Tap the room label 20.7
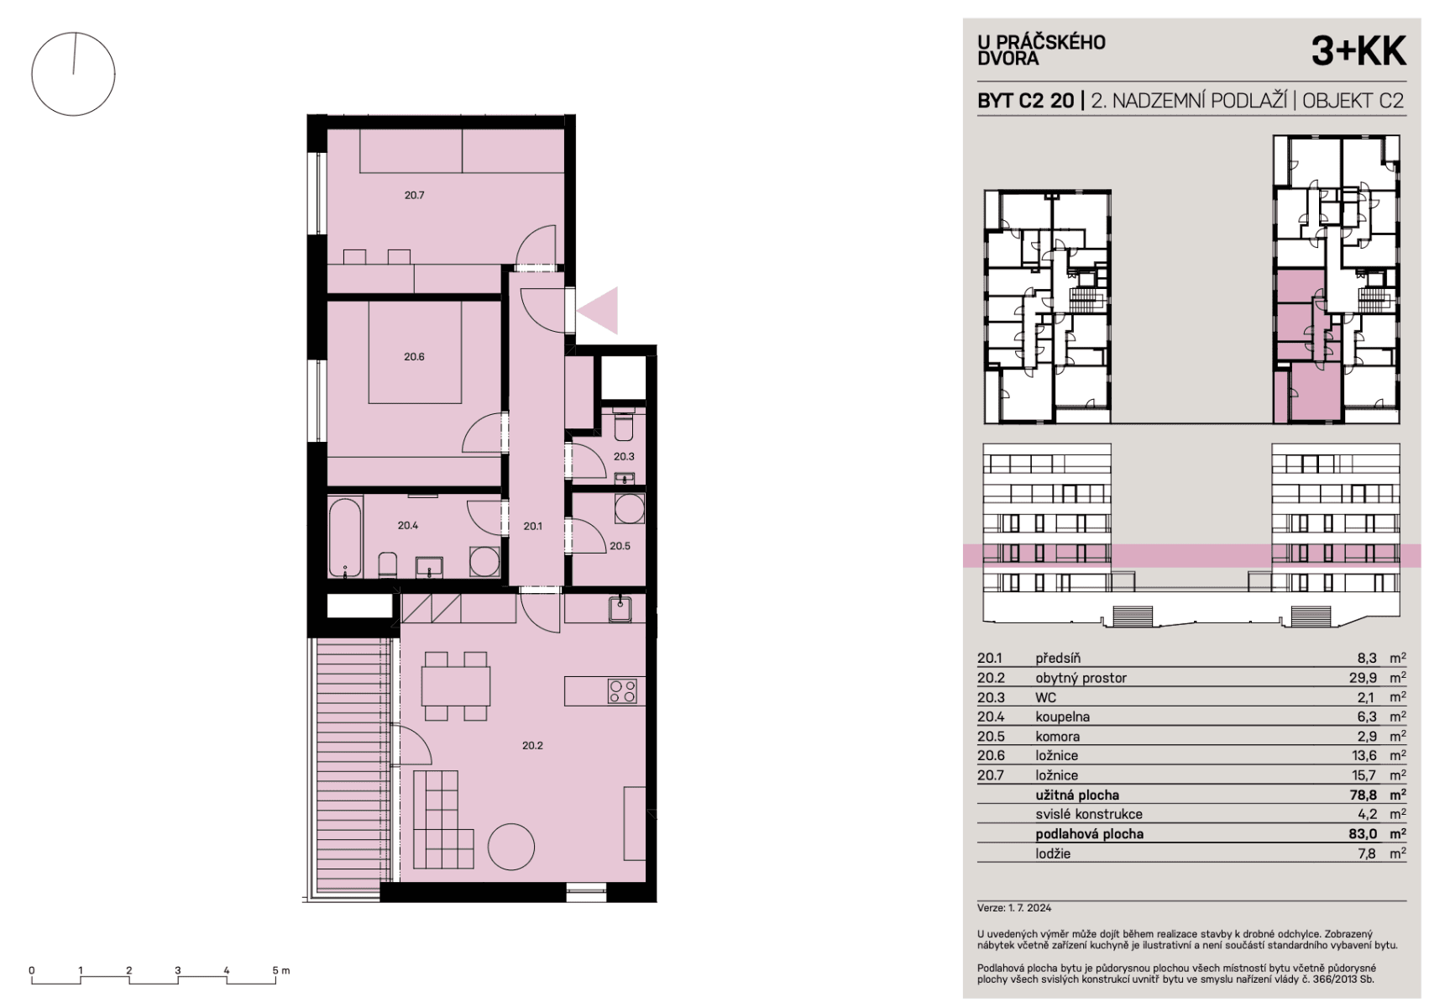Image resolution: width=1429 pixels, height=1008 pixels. click(414, 195)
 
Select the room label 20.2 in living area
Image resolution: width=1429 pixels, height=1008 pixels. click(531, 745)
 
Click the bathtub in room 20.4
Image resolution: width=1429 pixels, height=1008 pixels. click(345, 538)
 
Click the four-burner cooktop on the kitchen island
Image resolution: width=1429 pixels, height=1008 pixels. click(623, 691)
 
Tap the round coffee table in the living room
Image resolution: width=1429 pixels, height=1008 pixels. click(511, 847)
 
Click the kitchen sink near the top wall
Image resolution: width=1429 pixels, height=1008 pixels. click(620, 609)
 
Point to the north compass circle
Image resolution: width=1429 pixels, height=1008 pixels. click(73, 74)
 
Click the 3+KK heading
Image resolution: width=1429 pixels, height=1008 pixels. click(1358, 52)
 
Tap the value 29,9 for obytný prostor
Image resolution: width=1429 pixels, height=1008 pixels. click(1360, 678)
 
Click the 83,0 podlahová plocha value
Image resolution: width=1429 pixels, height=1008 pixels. click(1360, 834)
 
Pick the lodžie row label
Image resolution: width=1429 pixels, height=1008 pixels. click(1053, 853)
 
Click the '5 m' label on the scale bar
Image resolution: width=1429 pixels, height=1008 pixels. click(281, 970)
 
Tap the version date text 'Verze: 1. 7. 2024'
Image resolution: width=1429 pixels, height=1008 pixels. click(1014, 908)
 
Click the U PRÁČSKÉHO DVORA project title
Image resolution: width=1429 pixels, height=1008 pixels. click(1041, 50)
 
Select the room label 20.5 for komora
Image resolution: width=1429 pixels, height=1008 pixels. click(620, 546)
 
